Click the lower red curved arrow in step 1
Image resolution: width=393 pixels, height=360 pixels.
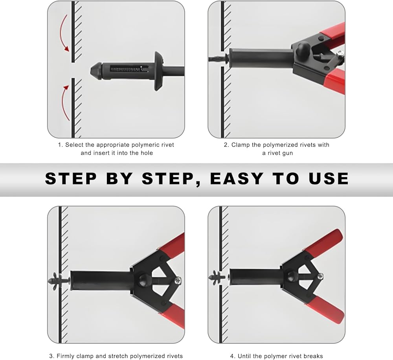click(63, 103)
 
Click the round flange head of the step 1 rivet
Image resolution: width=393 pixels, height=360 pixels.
click(158, 71)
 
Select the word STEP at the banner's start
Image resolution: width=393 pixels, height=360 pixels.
click(71, 178)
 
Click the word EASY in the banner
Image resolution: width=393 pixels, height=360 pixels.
click(237, 178)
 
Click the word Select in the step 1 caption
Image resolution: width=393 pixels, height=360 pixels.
click(74, 145)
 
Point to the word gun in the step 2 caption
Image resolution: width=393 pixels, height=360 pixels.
click(287, 153)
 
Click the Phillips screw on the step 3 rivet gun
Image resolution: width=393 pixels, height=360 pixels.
click(179, 280)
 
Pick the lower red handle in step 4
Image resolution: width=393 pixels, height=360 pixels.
click(323, 309)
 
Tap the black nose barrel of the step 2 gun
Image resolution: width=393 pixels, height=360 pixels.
click(261, 58)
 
